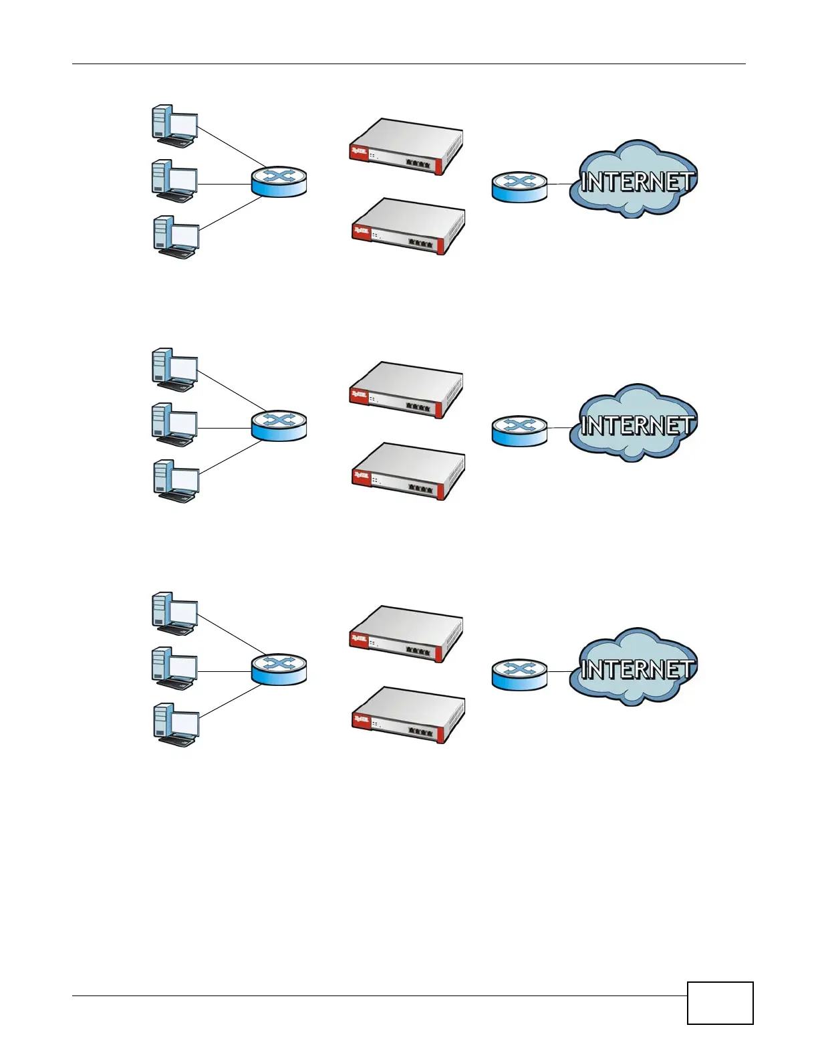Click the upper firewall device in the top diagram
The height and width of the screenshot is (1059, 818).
[x=406, y=146]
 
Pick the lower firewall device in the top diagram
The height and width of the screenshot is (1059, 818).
[x=408, y=227]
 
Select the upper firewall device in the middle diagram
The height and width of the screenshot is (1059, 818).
[x=406, y=390]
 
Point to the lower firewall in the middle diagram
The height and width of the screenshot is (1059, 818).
[x=408, y=471]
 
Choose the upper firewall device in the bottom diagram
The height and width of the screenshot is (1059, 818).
[x=406, y=634]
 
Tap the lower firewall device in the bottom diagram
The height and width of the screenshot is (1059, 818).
[x=408, y=715]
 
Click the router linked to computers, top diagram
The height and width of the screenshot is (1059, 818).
[x=279, y=182]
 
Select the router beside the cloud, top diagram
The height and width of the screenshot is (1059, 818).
[x=519, y=187]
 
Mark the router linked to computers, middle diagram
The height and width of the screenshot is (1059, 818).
[x=279, y=426]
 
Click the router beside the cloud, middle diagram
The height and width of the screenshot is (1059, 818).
[x=519, y=431]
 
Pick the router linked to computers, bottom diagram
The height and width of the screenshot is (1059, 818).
[x=279, y=670]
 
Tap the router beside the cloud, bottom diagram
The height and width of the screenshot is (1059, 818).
[x=519, y=675]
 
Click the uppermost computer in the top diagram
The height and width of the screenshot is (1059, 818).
[x=174, y=126]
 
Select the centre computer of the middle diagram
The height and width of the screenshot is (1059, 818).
[x=174, y=425]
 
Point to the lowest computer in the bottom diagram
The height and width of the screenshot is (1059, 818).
[x=176, y=724]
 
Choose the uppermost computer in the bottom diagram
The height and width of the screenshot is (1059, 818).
[x=174, y=613]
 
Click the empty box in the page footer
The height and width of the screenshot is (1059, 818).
[x=720, y=1003]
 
